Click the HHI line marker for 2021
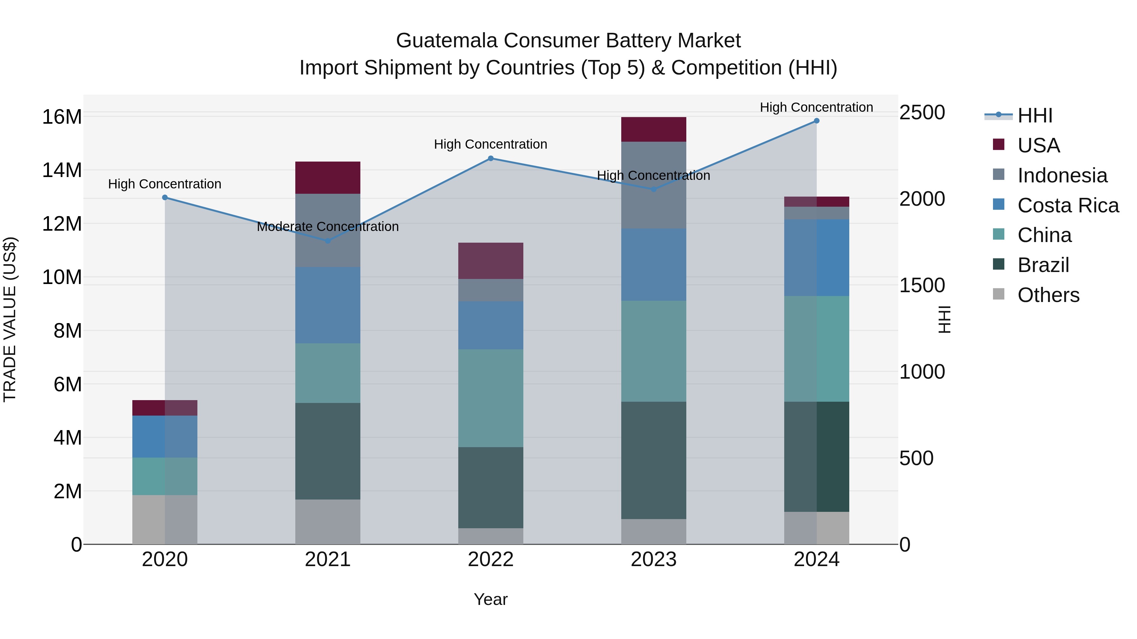pos(328,241)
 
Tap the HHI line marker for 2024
pos(816,121)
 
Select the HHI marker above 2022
pos(490,158)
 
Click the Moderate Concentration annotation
pos(328,227)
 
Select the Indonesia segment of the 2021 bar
pos(328,230)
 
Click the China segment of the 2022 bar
pos(490,398)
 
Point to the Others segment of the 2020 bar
pos(165,519)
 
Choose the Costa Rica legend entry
pos(1067,205)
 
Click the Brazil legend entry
pos(1043,265)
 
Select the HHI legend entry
pos(1034,115)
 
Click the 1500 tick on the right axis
pos(922,285)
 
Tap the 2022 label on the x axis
pos(490,559)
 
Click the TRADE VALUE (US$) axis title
pos(10,319)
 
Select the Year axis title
pos(490,599)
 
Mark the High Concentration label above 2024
pos(816,107)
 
